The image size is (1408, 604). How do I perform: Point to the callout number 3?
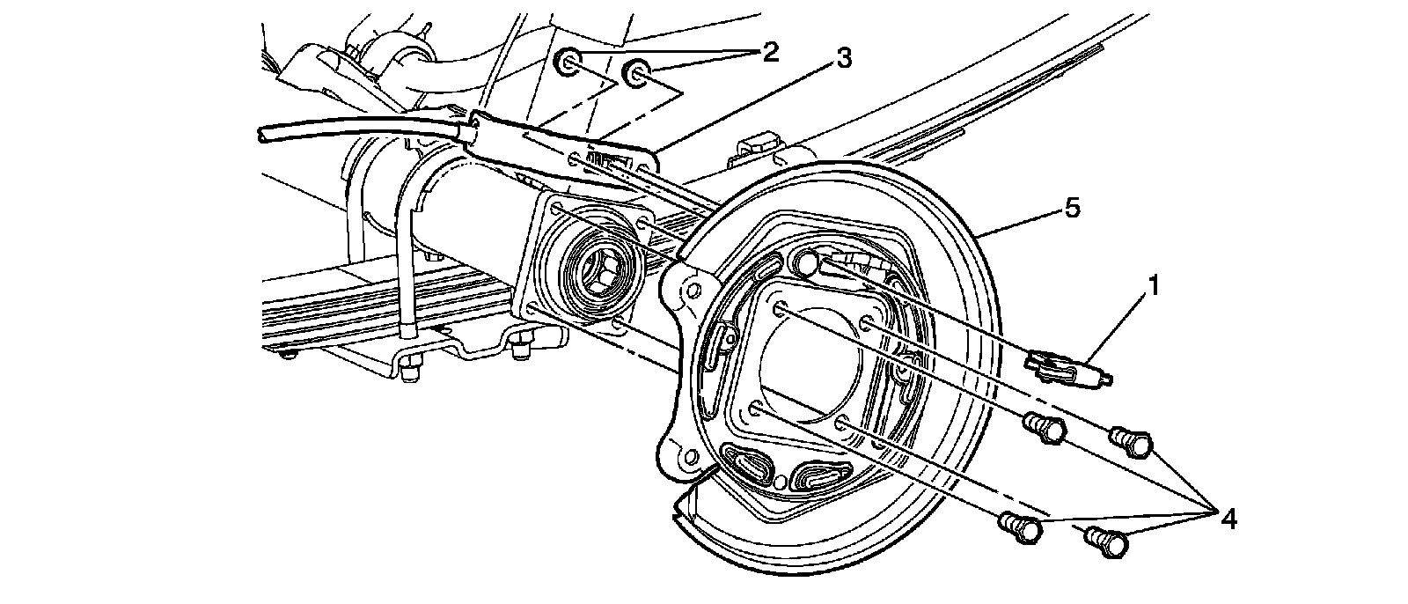tap(842, 60)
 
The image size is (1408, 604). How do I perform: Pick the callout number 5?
tap(1071, 209)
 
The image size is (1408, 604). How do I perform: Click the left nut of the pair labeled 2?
tap(569, 63)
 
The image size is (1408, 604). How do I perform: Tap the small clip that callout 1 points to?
tap(1065, 365)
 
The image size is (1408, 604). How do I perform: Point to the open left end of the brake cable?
tap(263, 135)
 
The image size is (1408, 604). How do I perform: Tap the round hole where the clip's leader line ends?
tap(807, 261)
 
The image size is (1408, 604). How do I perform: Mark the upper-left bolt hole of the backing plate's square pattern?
tap(781, 308)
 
